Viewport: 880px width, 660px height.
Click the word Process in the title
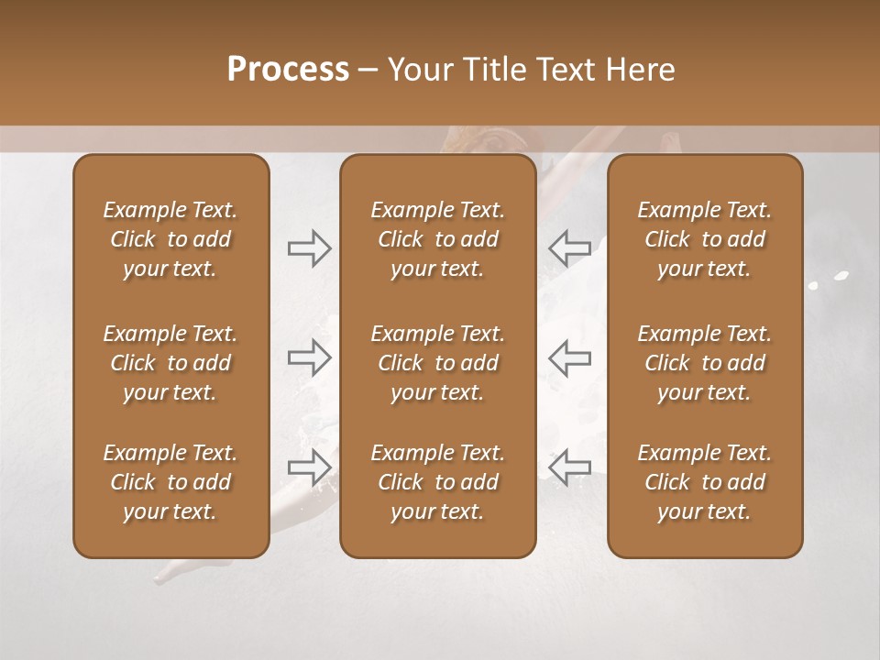click(288, 70)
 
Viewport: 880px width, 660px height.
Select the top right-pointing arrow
click(309, 248)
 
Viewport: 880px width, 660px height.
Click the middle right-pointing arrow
click(309, 357)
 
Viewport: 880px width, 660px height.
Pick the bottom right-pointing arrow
click(309, 467)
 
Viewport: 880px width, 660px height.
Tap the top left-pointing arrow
click(570, 248)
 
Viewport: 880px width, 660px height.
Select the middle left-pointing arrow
click(570, 357)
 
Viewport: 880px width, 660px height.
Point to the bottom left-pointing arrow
click(570, 467)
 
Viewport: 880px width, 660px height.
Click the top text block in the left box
click(170, 239)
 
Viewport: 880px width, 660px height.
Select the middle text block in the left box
click(170, 363)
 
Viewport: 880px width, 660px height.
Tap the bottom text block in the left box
click(170, 482)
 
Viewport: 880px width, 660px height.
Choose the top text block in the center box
click(437, 239)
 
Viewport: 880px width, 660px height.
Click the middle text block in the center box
click(437, 363)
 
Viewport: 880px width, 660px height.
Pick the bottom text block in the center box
click(437, 482)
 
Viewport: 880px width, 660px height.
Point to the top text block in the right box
click(704, 239)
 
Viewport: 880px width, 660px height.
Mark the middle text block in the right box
click(704, 363)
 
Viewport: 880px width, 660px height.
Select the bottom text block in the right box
click(704, 482)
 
